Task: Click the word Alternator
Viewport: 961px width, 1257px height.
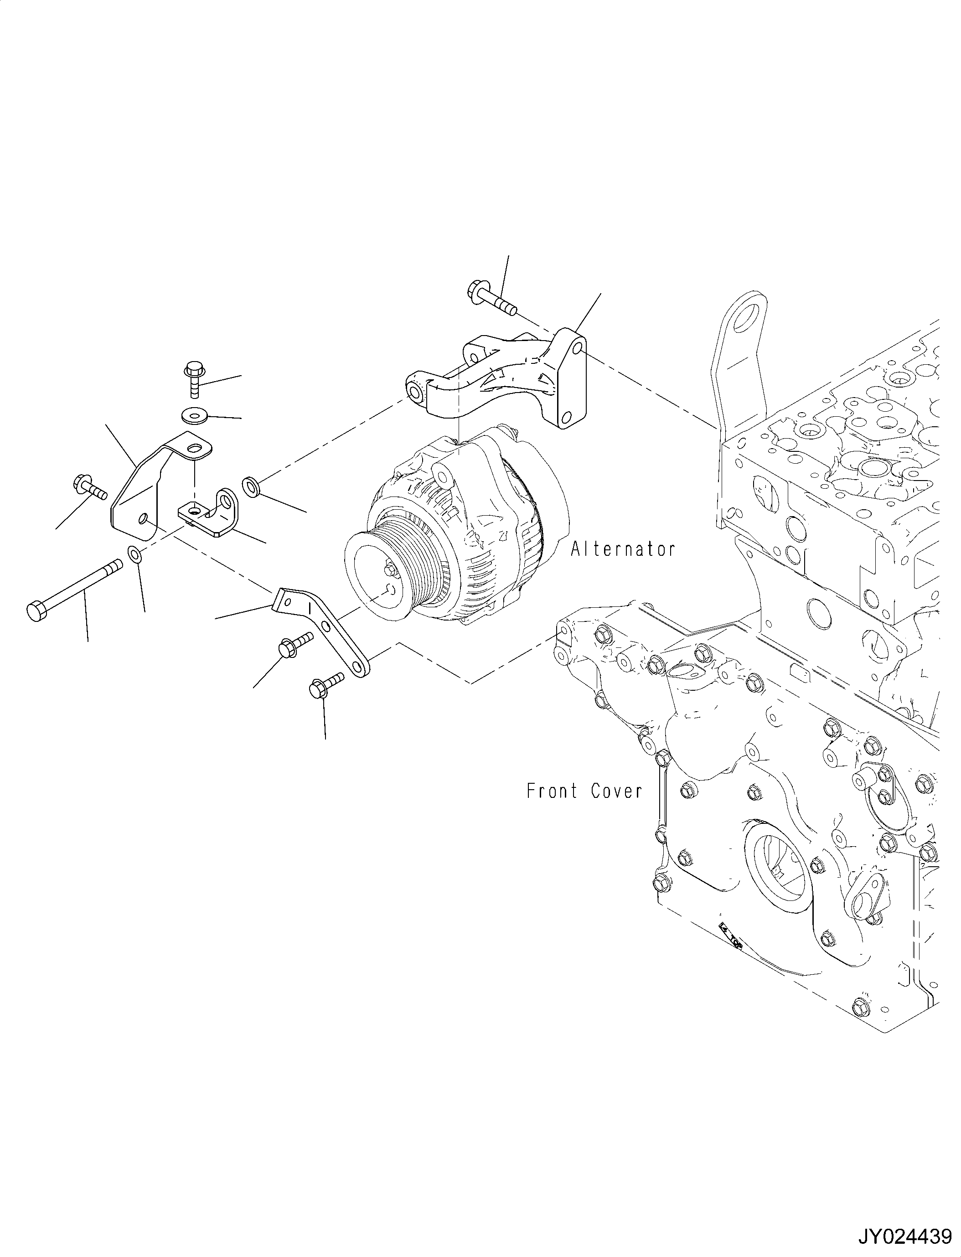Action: click(623, 549)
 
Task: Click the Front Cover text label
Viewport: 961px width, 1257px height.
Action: click(584, 791)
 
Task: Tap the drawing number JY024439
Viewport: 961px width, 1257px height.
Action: click(904, 1237)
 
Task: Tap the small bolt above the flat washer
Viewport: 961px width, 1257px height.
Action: click(193, 378)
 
